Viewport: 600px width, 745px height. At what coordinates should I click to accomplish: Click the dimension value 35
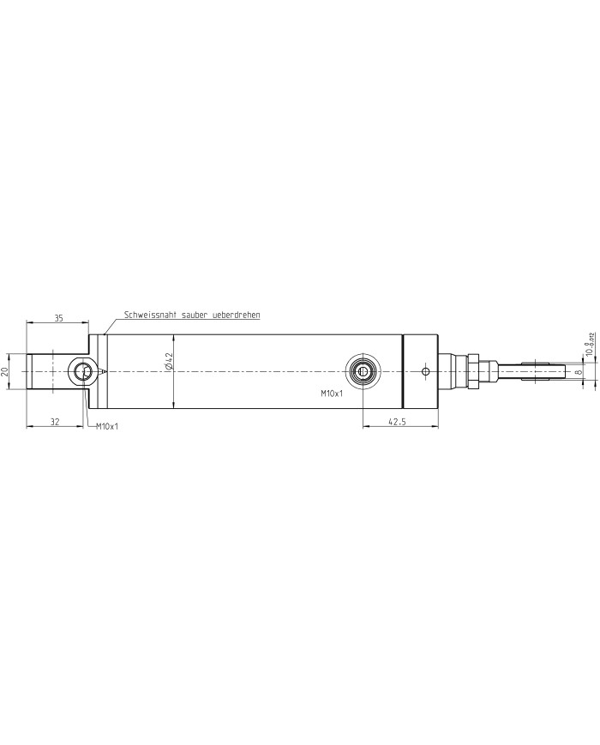pos(58,318)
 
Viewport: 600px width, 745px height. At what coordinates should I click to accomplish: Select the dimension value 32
pos(55,421)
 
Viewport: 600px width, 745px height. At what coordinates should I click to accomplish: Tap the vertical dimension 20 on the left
pos(5,371)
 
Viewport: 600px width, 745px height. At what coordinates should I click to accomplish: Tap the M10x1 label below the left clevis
pos(106,426)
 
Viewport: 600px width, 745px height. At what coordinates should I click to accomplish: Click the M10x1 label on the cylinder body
pos(332,394)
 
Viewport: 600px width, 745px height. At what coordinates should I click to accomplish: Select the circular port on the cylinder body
pos(363,371)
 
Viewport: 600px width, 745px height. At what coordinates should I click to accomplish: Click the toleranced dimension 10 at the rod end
pos(589,345)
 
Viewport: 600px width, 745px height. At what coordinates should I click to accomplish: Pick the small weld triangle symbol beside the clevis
pos(102,371)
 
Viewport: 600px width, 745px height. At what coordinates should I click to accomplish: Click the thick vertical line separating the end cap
pos(403,371)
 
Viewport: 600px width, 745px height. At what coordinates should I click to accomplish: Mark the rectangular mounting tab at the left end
pos(47,371)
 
